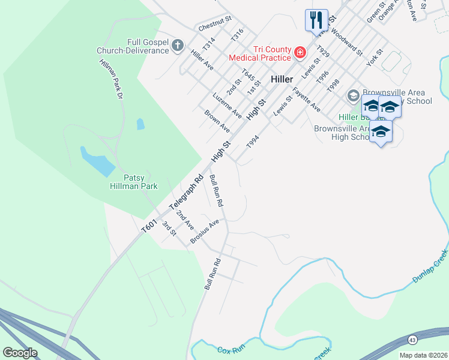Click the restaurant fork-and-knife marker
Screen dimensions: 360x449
(x=316, y=20)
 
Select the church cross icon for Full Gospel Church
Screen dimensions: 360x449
(x=177, y=46)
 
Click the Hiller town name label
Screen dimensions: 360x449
(x=282, y=79)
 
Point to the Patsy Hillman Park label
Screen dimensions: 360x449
(x=140, y=182)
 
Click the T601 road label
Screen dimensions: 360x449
(x=148, y=226)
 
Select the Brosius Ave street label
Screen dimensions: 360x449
(x=205, y=231)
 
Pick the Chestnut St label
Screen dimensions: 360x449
(x=214, y=26)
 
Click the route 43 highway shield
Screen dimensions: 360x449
(x=412, y=340)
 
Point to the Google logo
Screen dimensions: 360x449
(x=20, y=353)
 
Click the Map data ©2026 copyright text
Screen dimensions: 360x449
(x=423, y=355)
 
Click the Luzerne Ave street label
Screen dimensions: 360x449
(x=227, y=105)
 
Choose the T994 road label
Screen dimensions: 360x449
(x=253, y=142)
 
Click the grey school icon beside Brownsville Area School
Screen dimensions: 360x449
(x=354, y=96)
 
